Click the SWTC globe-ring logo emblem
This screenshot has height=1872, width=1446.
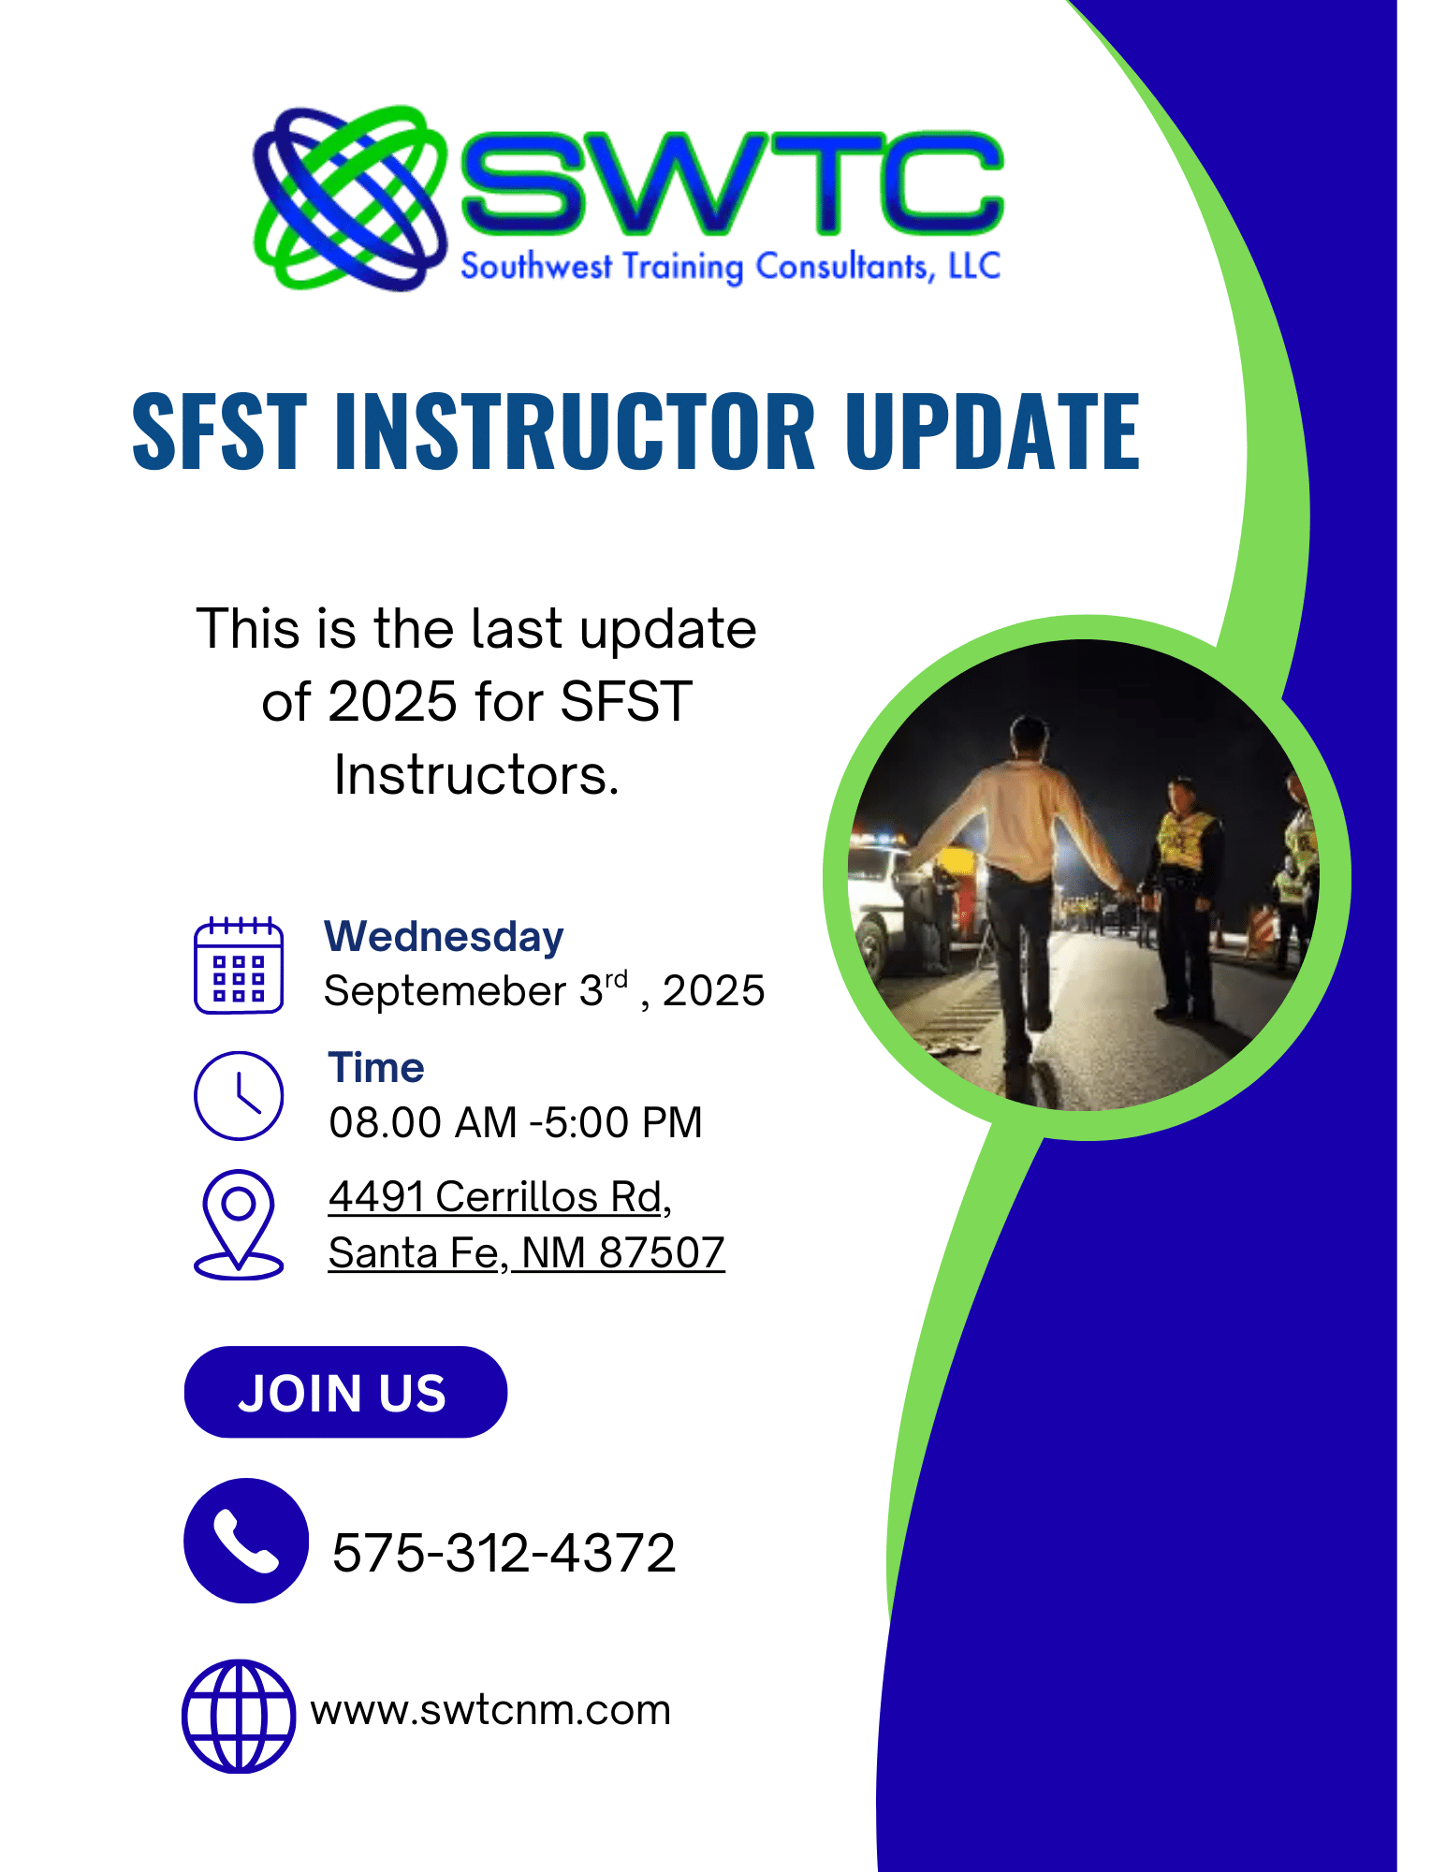[348, 198]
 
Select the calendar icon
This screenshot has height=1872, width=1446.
[239, 965]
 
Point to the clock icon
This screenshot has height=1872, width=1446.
[239, 1095]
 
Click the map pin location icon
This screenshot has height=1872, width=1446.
[239, 1224]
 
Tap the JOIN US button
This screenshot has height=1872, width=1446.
[345, 1392]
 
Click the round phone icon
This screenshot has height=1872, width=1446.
[246, 1541]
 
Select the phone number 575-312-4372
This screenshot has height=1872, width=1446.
[504, 1553]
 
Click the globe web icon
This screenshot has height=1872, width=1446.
[239, 1717]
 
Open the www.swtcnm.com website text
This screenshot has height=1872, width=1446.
[490, 1711]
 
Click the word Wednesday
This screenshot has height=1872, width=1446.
[444, 937]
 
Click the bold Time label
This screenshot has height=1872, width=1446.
[376, 1068]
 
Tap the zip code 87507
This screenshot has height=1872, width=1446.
[662, 1252]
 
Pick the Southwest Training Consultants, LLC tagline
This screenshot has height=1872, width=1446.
[731, 267]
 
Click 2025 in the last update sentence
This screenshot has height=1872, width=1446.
[393, 701]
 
